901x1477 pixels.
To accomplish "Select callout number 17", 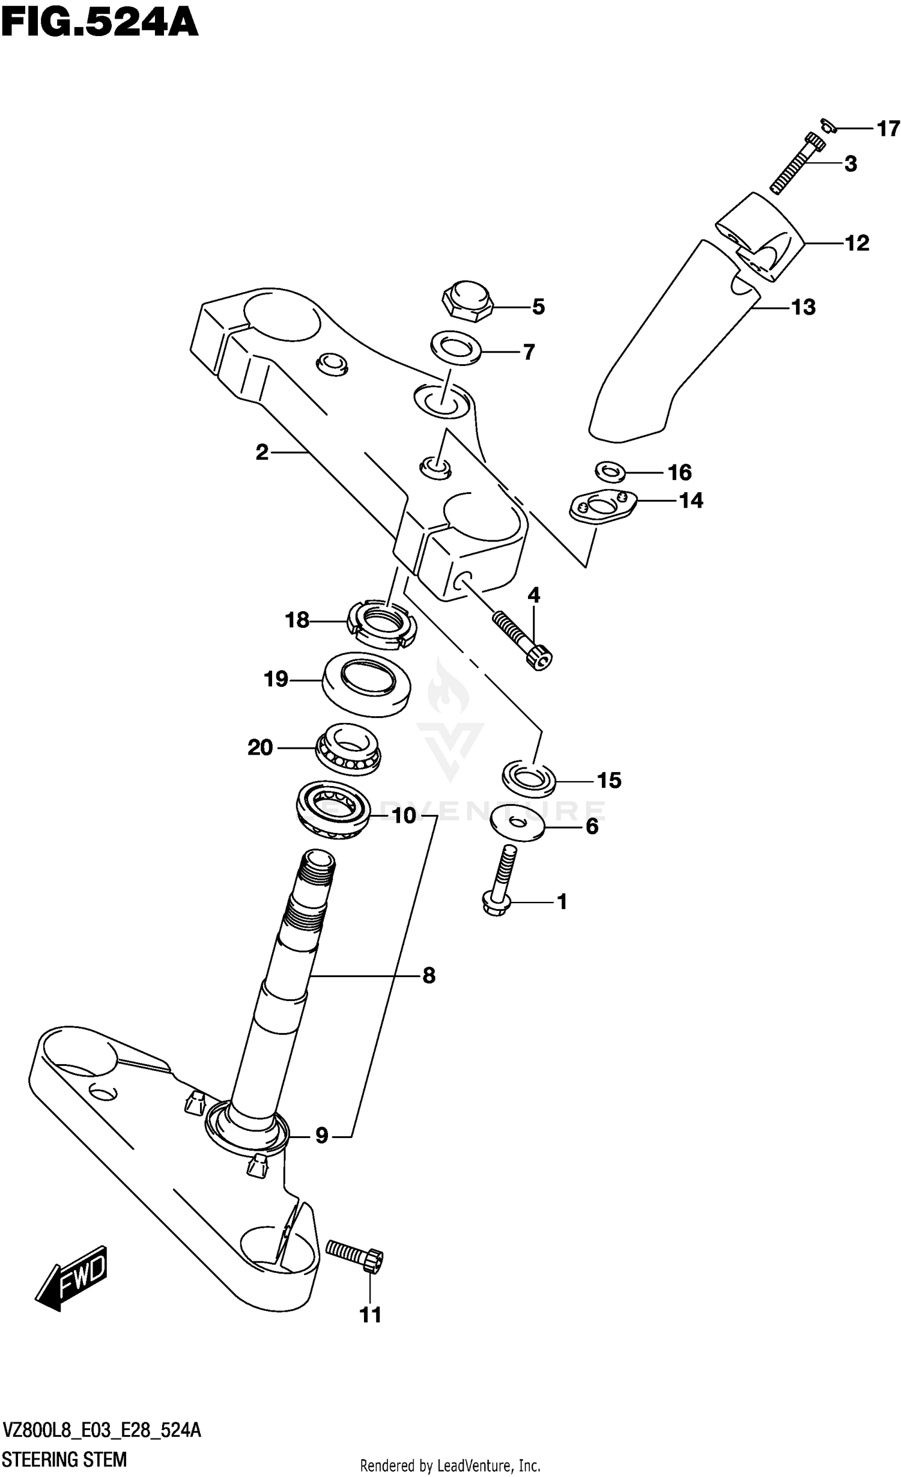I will click(x=888, y=129).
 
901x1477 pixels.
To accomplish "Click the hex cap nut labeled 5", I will click(x=467, y=300).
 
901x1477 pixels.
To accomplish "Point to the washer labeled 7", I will click(x=455, y=347).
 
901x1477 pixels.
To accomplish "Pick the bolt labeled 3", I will click(x=797, y=163).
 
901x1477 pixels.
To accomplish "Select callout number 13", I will click(x=804, y=308).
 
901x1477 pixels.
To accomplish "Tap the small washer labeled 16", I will click(x=610, y=471).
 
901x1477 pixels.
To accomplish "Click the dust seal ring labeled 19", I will click(x=366, y=684).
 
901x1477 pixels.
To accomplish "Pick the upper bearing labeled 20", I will click(x=348, y=749).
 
